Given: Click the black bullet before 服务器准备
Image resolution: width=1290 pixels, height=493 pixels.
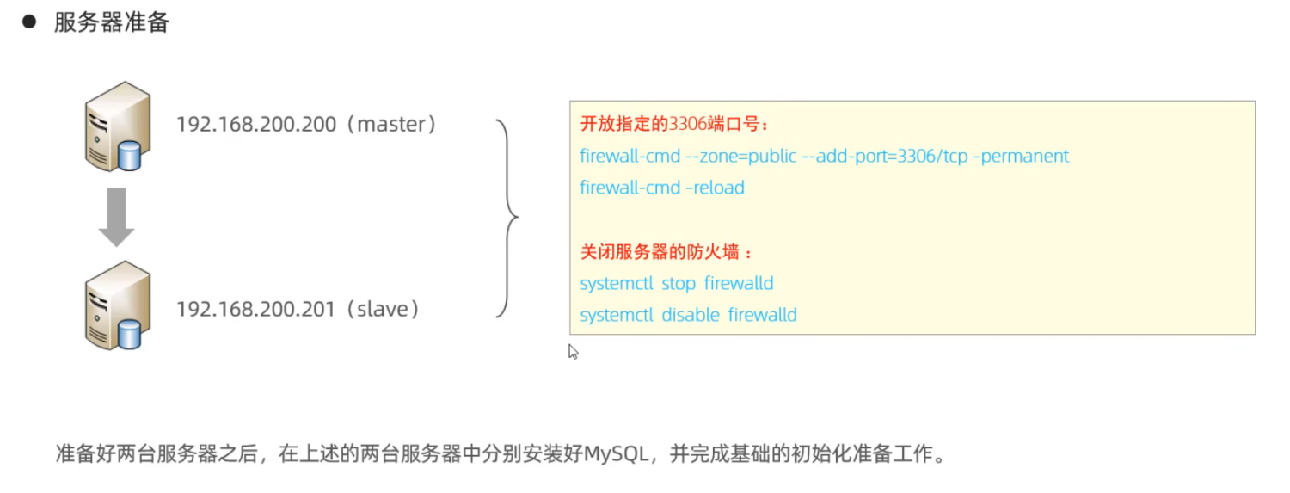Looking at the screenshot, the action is tap(29, 22).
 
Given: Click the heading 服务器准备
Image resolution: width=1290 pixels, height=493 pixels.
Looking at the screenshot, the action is tap(112, 22).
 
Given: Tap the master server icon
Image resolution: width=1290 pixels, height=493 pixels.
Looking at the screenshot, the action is tap(118, 126).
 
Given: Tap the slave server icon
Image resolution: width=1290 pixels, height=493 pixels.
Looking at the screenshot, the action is tap(118, 305).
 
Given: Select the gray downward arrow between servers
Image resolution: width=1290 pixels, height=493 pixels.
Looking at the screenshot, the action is tap(116, 217).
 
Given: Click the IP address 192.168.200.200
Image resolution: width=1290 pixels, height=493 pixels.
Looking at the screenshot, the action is tap(255, 125).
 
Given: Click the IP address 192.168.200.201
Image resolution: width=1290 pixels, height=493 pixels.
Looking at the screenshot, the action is tap(255, 309).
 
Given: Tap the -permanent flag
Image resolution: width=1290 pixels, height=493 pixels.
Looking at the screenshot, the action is tap(1021, 156).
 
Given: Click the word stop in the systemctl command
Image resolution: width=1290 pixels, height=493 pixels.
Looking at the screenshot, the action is tap(679, 283).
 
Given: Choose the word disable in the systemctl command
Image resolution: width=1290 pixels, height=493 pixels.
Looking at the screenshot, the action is tap(691, 315).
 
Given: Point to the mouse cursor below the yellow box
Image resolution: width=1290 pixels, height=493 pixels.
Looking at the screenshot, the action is tap(573, 351).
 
